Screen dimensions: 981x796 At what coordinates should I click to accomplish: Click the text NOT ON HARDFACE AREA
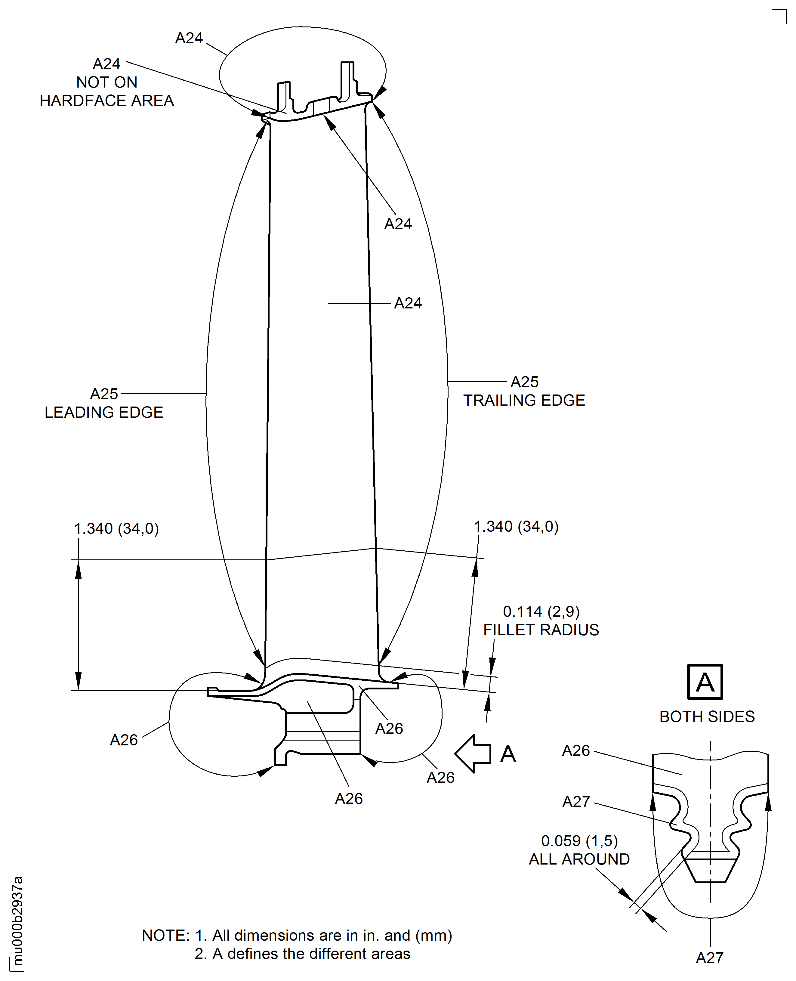tap(106, 91)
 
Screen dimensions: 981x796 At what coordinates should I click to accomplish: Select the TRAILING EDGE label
tap(524, 401)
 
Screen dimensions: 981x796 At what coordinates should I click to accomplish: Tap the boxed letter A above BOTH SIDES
tap(705, 682)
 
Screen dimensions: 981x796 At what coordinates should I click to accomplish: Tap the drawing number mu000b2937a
tap(17, 913)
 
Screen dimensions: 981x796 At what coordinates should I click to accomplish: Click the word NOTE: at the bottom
tap(165, 935)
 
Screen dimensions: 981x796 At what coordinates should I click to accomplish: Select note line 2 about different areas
tap(302, 954)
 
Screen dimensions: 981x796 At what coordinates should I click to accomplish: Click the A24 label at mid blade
tap(408, 303)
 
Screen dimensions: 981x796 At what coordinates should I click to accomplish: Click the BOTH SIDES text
tap(707, 716)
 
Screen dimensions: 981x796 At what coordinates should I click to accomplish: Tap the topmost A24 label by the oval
tap(189, 38)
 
